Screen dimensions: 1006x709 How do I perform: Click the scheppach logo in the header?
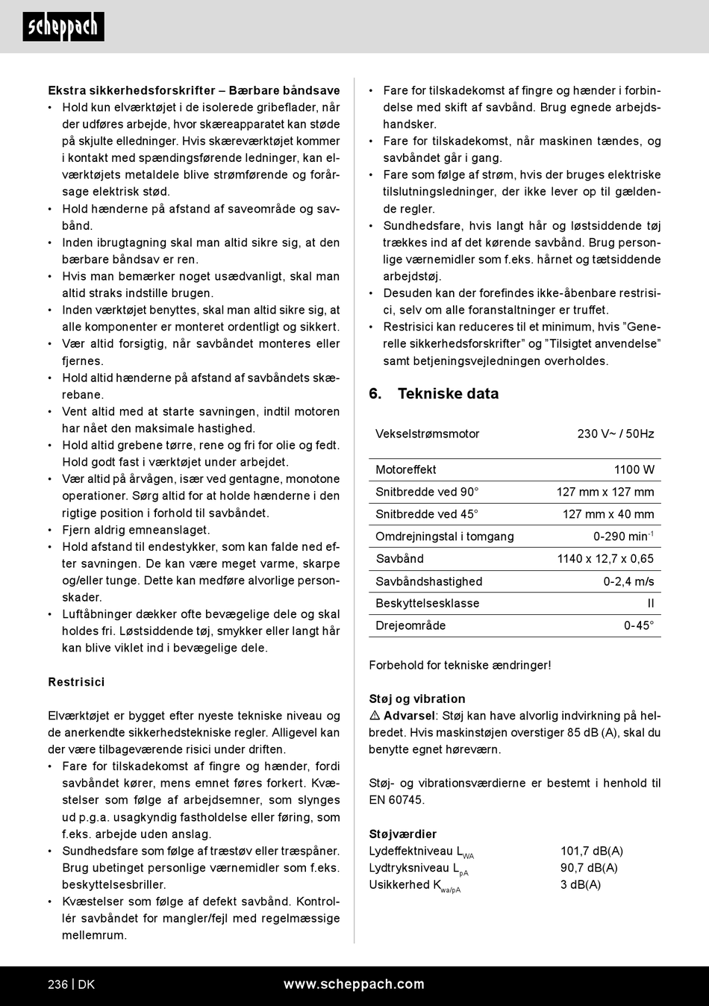(x=63, y=27)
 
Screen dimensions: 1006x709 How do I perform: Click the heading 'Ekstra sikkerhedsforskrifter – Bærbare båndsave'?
(x=194, y=90)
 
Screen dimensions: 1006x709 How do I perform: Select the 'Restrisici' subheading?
(x=76, y=682)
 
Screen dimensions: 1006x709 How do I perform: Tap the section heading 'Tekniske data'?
(x=448, y=394)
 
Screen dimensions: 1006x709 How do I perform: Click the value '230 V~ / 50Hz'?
(x=616, y=434)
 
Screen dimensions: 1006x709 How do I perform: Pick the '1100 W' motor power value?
(x=634, y=469)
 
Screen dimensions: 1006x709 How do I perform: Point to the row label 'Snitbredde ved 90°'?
(x=427, y=492)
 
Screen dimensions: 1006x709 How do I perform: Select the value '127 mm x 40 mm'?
(x=608, y=514)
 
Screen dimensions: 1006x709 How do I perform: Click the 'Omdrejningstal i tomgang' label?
(x=445, y=537)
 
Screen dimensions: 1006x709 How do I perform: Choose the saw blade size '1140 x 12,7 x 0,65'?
(x=605, y=559)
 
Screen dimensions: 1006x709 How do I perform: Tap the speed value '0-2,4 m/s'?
(x=628, y=581)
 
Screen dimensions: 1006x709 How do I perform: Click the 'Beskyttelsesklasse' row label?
(x=428, y=604)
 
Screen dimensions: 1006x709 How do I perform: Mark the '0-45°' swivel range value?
(x=639, y=626)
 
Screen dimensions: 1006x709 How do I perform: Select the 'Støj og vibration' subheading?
(x=417, y=699)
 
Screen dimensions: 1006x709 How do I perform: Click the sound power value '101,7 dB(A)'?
(x=592, y=852)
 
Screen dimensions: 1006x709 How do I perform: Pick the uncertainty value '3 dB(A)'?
(x=581, y=885)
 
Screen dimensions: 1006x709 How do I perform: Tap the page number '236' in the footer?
(x=57, y=984)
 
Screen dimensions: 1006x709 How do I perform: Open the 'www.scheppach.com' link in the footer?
(x=354, y=984)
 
